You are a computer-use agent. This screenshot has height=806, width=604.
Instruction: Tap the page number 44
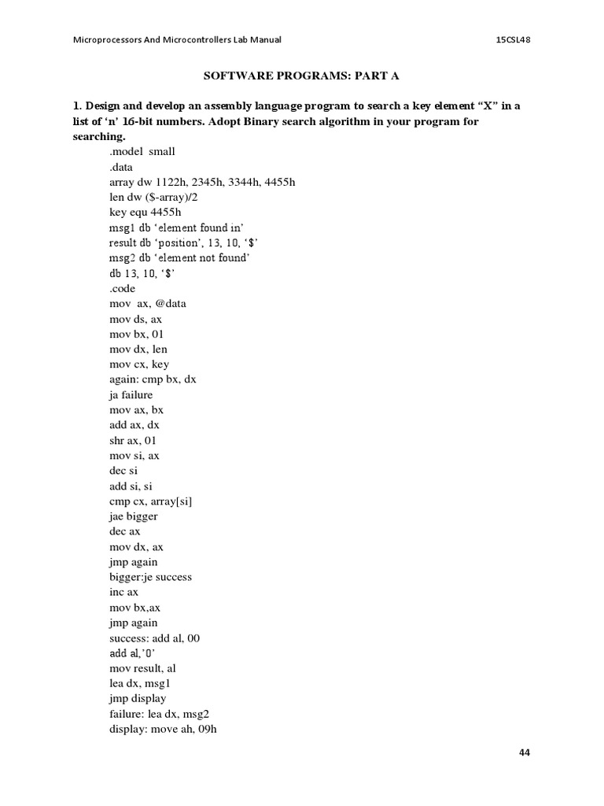[525, 752]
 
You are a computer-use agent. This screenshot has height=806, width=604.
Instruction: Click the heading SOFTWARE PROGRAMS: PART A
[303, 76]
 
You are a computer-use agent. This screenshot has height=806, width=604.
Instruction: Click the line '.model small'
[142, 151]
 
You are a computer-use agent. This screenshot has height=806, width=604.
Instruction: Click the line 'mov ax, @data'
[148, 304]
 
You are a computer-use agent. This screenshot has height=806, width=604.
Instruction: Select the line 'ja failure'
[131, 395]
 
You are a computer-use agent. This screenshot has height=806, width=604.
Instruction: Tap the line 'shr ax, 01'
[133, 441]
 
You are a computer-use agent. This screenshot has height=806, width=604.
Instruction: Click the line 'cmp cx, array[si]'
[151, 501]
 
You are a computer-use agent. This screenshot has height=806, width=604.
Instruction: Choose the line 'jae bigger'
[134, 516]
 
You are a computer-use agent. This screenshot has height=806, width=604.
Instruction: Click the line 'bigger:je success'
[151, 577]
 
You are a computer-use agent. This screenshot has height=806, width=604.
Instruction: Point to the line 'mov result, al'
[143, 668]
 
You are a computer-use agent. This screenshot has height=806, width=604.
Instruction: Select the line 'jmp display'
[138, 698]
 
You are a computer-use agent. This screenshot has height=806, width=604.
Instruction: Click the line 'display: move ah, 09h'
[163, 729]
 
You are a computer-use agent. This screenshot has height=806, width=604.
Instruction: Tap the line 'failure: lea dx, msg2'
[160, 714]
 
